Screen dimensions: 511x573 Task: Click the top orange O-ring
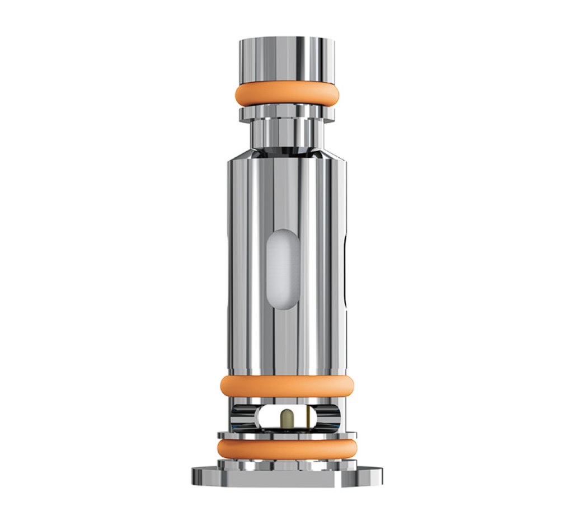[286, 94]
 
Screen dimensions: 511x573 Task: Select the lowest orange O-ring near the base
[286, 448]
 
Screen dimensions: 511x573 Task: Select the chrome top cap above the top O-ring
[286, 59]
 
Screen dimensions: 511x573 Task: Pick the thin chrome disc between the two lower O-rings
[286, 434]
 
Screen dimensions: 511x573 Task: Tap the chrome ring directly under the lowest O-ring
[286, 463]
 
